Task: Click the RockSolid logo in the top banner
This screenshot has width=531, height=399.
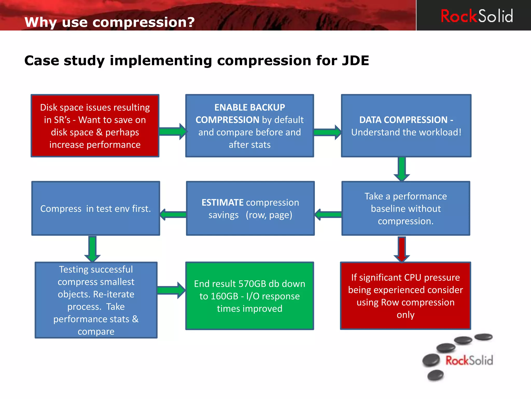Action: click(477, 16)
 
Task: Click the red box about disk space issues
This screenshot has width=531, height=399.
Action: click(95, 126)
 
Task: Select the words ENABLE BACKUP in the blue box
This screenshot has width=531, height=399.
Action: click(249, 107)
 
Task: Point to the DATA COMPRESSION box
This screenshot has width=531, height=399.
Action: click(406, 126)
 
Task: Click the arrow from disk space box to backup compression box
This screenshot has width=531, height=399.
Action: click(173, 131)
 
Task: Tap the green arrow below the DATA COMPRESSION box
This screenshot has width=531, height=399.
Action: click(402, 169)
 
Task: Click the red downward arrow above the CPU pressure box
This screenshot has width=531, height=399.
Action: click(402, 249)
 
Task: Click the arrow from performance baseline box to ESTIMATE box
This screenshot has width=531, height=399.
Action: click(328, 215)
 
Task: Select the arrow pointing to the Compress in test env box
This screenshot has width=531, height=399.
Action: click(173, 215)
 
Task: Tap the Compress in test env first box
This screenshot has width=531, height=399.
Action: click(95, 209)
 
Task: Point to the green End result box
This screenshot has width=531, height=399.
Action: click(249, 296)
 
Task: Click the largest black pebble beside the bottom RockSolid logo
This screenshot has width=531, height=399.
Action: click(431, 360)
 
